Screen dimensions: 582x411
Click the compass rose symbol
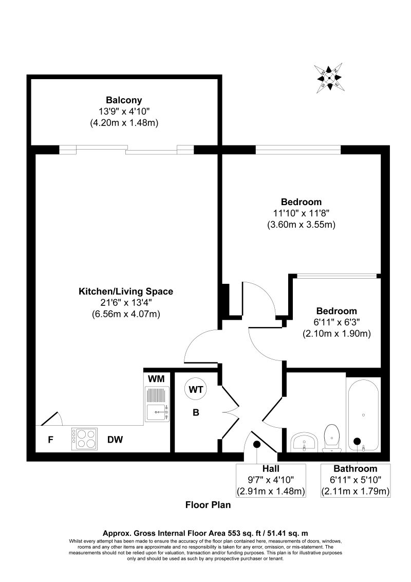[x=329, y=78]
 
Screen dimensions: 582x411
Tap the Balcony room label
[x=124, y=100]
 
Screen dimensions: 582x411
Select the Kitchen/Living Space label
[x=125, y=292]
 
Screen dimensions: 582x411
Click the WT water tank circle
[x=195, y=390]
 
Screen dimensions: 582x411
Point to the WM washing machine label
[x=156, y=379]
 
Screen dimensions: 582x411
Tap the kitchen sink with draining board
[x=157, y=405]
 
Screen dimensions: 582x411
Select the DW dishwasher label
[x=115, y=440]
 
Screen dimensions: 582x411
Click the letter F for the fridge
[x=50, y=440]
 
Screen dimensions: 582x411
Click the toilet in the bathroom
[x=331, y=438]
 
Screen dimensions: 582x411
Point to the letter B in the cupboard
[x=196, y=412]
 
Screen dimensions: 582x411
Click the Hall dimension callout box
[x=271, y=480]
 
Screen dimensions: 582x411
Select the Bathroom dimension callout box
[x=356, y=480]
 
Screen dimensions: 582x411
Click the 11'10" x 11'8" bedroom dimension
[x=301, y=213]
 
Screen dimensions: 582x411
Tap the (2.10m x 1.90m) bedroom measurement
[x=336, y=334]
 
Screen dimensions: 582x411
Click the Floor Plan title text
[x=208, y=505]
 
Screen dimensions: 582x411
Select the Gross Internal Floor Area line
[x=206, y=533]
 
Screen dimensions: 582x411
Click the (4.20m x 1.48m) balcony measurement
[x=124, y=122]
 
